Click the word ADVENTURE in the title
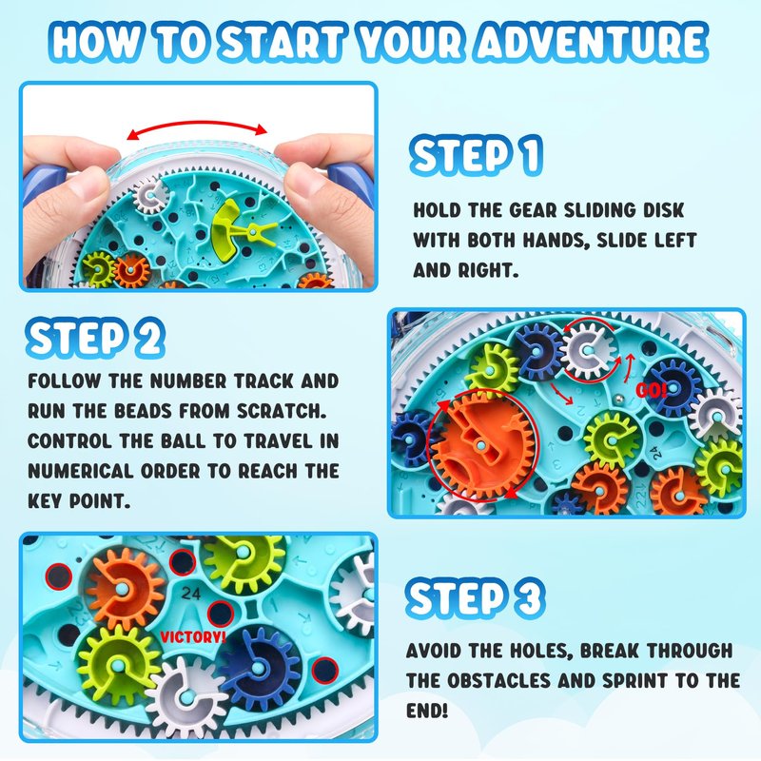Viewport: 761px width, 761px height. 591,42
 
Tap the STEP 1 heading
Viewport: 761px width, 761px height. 477,155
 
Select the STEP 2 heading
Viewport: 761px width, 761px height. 95,338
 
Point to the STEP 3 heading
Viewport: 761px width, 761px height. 476,598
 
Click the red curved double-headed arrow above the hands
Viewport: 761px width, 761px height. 197,124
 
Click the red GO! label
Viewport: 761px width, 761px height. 652,390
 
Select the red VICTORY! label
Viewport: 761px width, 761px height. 193,636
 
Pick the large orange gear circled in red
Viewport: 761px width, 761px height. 483,445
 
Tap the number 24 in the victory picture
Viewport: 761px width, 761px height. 190,594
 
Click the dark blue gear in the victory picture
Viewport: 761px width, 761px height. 259,669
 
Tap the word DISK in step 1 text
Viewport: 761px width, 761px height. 663,210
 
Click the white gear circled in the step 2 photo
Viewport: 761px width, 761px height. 588,349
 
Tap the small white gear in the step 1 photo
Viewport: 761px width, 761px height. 150,196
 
